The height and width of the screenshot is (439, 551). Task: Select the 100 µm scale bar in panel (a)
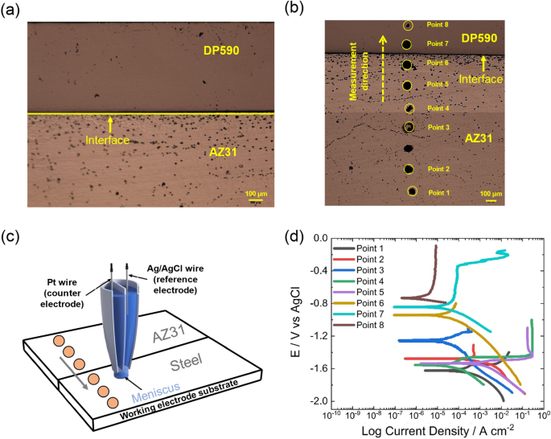coord(255,197)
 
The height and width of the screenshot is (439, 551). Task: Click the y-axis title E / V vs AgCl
coord(297,320)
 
